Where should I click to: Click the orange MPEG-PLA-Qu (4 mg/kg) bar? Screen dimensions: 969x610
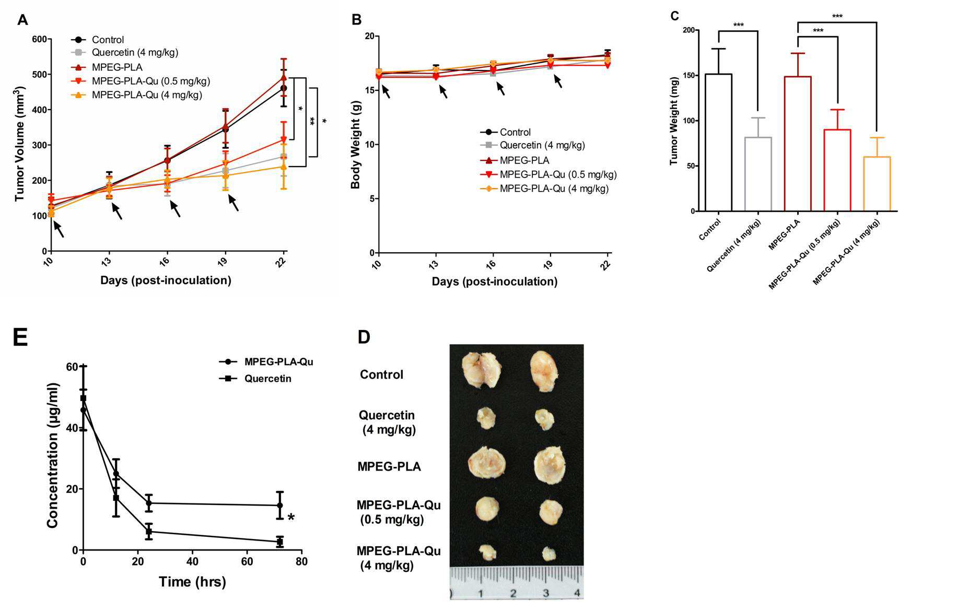point(877,184)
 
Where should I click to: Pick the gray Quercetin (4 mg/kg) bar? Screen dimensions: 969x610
point(758,174)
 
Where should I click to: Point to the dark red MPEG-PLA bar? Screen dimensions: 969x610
point(798,144)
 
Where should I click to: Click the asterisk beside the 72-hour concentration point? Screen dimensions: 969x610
point(291,518)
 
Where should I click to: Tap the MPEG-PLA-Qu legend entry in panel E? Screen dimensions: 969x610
point(266,362)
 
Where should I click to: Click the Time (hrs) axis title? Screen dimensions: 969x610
point(192,582)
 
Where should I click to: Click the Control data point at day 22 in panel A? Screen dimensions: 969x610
point(284,88)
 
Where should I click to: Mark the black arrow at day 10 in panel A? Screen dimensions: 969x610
point(58,229)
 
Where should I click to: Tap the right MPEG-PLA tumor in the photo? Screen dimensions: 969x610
point(550,464)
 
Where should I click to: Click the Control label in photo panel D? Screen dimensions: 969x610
point(381,374)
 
